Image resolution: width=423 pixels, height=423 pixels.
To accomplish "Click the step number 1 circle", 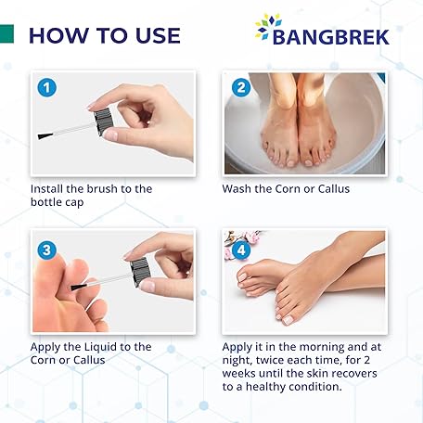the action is tap(46, 88).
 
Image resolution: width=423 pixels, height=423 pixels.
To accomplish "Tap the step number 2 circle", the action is tap(241, 87).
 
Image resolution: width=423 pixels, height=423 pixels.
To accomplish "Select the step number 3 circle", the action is tap(46, 250).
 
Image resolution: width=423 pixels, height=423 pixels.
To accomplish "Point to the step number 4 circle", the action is tap(241, 250).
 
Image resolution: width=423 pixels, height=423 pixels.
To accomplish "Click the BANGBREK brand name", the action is tap(330, 37).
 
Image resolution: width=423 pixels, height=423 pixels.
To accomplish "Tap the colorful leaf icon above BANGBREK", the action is tap(268, 25).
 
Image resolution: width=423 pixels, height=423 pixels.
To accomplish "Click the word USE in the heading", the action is tap(158, 35).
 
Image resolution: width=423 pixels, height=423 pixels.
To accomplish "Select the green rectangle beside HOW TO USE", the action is tap(6, 33).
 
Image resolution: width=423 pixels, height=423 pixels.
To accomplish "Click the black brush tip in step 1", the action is tap(45, 135).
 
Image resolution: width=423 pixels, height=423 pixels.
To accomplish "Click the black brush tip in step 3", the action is tap(79, 287).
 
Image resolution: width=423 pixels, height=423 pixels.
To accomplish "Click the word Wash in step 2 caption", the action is tap(237, 188).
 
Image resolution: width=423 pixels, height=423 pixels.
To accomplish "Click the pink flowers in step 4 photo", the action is tap(239, 241).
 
